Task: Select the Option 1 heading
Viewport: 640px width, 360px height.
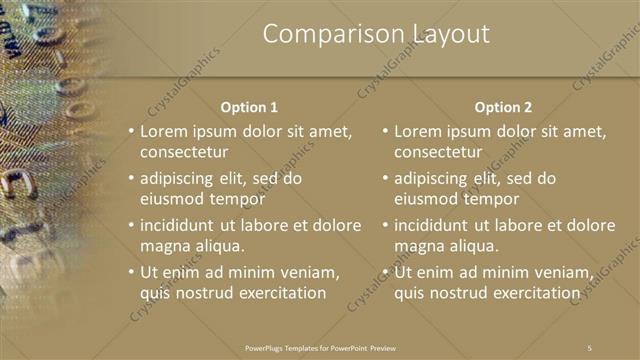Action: point(249,107)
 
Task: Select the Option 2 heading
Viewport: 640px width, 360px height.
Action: point(504,107)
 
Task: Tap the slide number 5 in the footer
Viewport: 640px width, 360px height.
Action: point(589,347)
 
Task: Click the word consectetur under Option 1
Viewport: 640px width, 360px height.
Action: point(184,153)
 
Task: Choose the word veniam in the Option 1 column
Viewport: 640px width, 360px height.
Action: point(312,271)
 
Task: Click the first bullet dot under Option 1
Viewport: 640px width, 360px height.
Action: point(129,131)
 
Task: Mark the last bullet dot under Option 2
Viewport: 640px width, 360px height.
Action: point(384,272)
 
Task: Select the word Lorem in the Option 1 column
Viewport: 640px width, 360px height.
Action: point(163,131)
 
